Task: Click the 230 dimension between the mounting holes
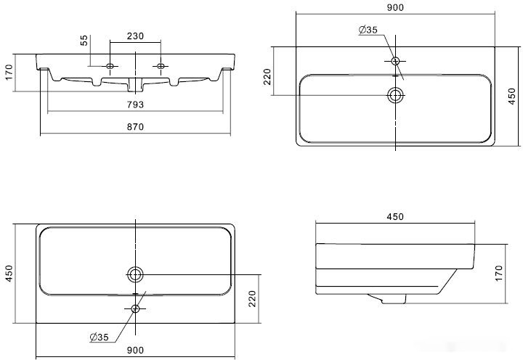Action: (x=135, y=36)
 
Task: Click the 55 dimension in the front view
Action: (x=84, y=41)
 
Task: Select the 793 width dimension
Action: (x=135, y=105)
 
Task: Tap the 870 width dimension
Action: (x=135, y=127)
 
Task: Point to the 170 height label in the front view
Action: (x=9, y=72)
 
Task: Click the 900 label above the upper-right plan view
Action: (x=395, y=7)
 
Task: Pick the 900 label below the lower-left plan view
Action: (x=135, y=350)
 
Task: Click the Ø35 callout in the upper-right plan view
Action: (x=368, y=30)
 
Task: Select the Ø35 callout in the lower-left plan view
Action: (x=100, y=337)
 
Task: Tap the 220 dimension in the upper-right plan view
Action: (x=267, y=77)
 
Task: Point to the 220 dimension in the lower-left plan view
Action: (x=252, y=298)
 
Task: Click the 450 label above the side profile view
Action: (x=395, y=217)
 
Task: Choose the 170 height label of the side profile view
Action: (x=498, y=274)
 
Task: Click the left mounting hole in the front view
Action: (x=110, y=66)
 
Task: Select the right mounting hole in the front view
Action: (x=161, y=66)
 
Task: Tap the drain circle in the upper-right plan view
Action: (x=395, y=95)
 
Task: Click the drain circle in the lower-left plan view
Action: (x=135, y=274)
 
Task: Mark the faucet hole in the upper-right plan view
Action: (x=395, y=61)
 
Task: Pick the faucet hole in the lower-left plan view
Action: (x=135, y=308)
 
